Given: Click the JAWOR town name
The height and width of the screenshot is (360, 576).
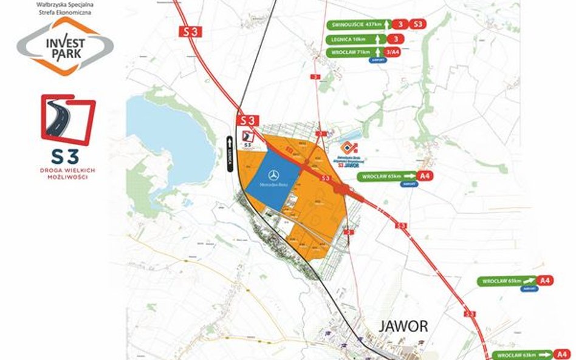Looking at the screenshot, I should [x=403, y=325].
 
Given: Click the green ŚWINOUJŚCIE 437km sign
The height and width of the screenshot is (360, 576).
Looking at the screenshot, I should [x=355, y=25].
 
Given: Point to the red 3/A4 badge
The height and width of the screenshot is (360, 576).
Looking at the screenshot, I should [x=395, y=53].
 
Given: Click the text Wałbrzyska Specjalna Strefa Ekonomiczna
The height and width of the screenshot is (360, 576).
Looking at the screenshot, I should [x=64, y=7].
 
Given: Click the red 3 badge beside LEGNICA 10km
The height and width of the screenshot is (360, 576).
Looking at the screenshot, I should [x=397, y=39].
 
